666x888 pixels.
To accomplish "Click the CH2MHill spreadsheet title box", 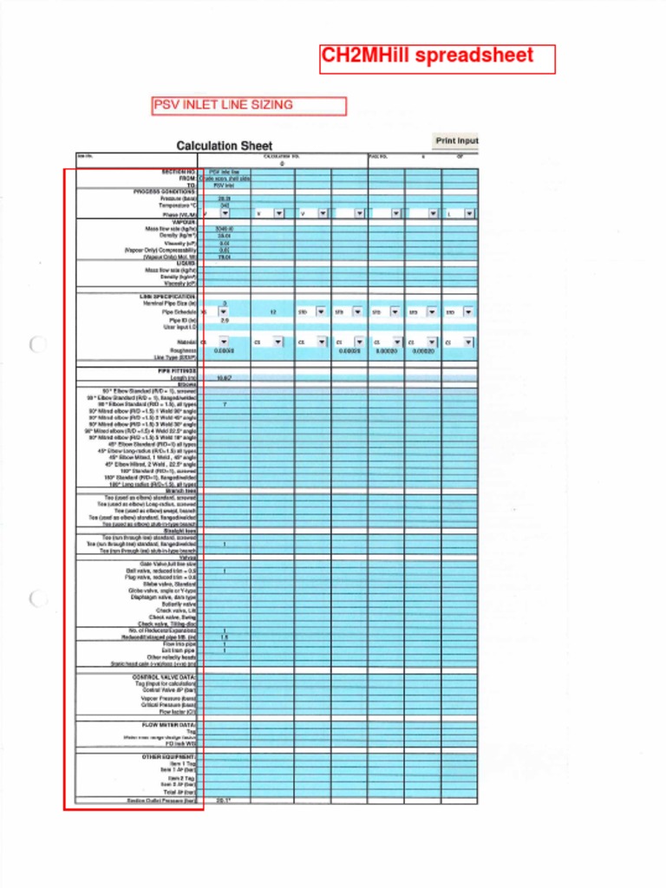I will point(437,58).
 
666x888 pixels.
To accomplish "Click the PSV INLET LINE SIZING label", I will point(249,106).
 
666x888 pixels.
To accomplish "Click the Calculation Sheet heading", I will point(224,147).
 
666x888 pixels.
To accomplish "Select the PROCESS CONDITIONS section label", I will point(165,192).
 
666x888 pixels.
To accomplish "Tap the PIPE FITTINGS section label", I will point(176,370).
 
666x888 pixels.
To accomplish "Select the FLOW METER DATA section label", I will point(168,724).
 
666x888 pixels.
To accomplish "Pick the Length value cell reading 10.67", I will point(224,378).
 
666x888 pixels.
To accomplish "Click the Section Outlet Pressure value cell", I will point(224,800).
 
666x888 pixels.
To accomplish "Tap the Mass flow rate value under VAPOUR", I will point(224,229).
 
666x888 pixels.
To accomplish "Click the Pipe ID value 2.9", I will point(224,320).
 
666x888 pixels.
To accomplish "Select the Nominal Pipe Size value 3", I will point(224,304).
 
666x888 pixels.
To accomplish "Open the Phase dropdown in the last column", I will point(469,213).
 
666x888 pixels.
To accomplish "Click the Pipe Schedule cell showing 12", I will point(272,311).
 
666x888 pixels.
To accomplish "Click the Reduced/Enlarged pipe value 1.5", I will point(224,637).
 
